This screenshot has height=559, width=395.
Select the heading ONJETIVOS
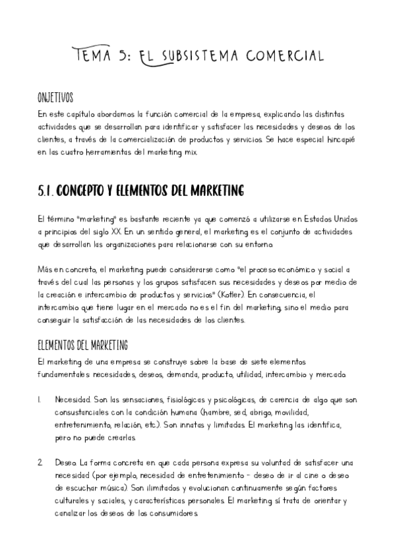coord(55,99)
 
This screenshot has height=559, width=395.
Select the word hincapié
coord(340,140)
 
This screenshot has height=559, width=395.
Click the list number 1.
coord(40,399)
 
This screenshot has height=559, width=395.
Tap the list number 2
coord(40,464)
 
